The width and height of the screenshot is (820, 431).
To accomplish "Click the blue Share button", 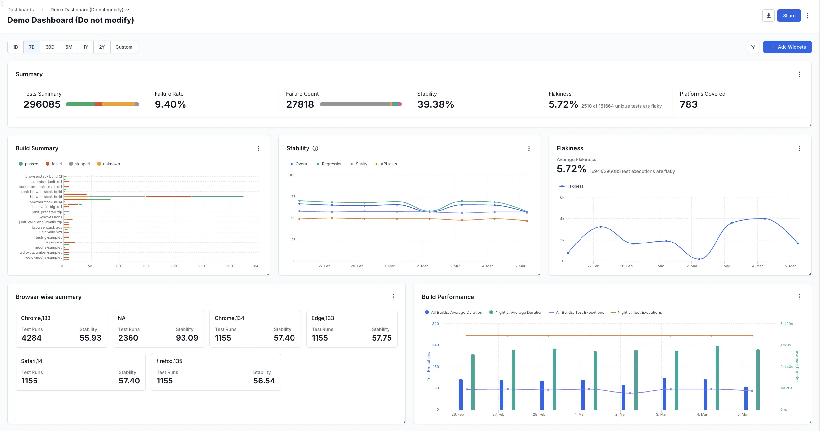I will [x=789, y=16].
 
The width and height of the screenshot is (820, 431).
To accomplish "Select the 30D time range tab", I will [x=50, y=47].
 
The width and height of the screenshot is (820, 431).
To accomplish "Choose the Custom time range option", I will [x=124, y=47].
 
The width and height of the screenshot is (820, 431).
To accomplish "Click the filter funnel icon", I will [x=753, y=47].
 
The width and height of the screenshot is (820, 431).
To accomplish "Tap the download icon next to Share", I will [x=768, y=16].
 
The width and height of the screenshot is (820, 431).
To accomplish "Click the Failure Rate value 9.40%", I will [x=170, y=104].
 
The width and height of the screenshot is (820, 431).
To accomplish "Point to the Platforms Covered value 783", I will [x=689, y=104].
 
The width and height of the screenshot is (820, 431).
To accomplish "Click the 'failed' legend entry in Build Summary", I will [x=54, y=164].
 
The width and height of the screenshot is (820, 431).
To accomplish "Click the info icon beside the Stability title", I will [x=315, y=148].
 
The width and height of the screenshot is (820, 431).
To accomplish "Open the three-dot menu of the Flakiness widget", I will [x=799, y=148].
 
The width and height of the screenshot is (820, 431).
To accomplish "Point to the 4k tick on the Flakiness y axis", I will [x=562, y=219].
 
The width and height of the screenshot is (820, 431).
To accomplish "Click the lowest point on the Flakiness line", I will [x=699, y=259].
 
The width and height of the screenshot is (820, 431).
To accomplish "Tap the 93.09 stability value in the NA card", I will [x=187, y=338].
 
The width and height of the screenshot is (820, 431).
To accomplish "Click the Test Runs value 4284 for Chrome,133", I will [x=32, y=338].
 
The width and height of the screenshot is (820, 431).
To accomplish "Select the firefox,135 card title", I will [x=169, y=361].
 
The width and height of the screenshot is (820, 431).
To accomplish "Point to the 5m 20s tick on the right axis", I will [x=786, y=324].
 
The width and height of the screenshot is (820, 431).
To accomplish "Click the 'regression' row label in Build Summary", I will [x=53, y=242].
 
